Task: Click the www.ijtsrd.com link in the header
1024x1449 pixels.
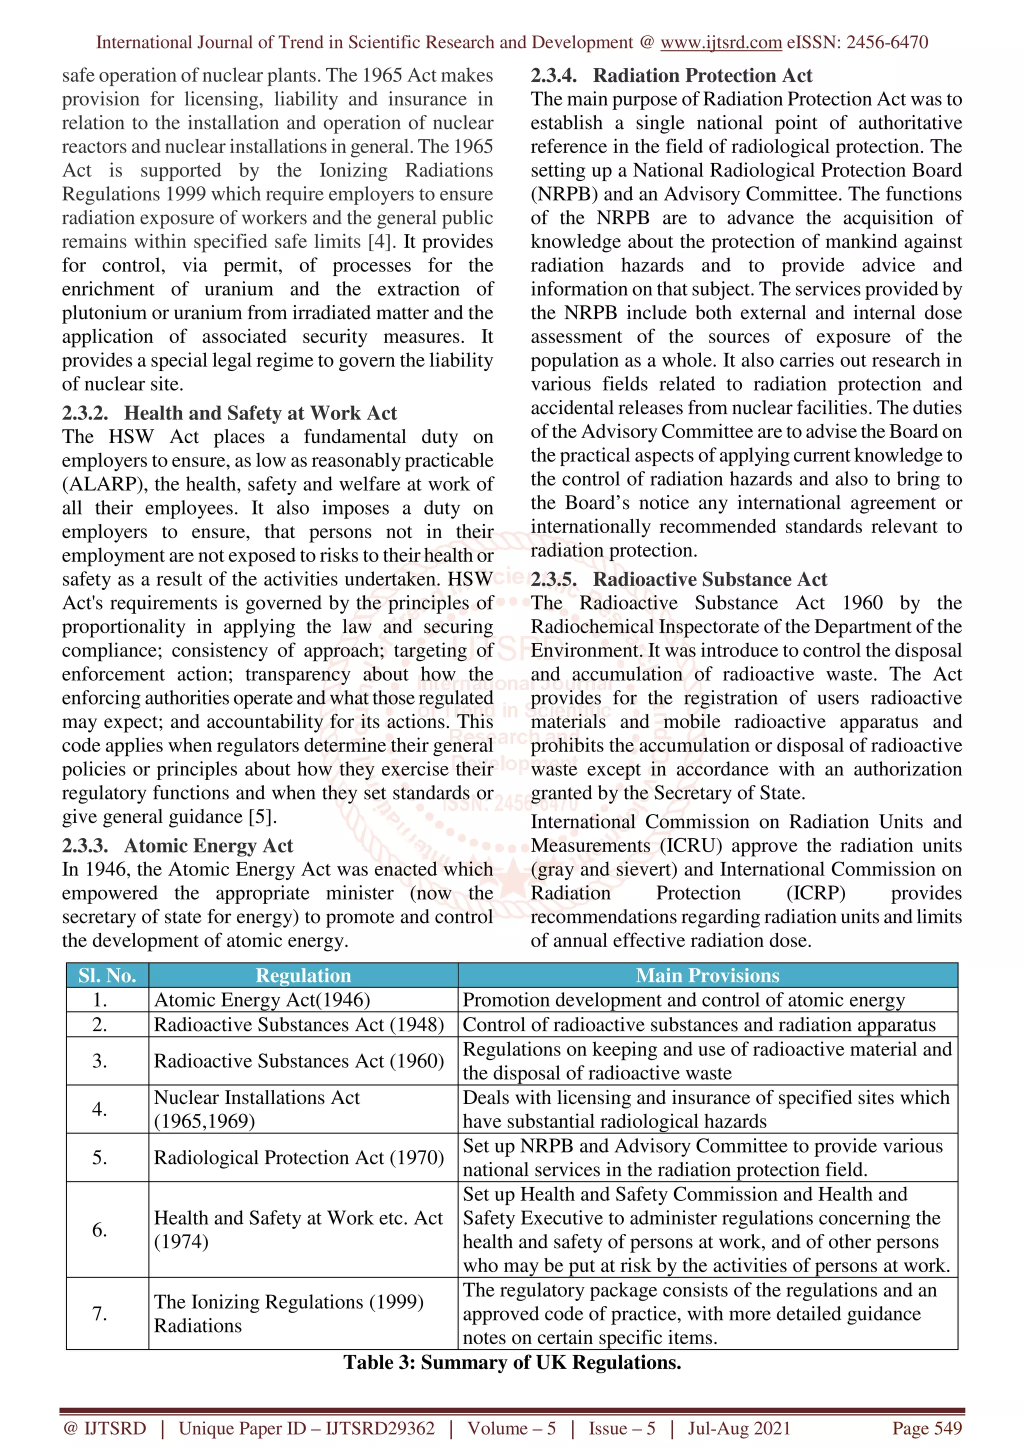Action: point(720,42)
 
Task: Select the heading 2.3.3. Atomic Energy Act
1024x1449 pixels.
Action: point(177,845)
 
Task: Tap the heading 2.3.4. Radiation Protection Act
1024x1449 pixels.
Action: point(671,75)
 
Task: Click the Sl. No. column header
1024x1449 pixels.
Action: point(107,975)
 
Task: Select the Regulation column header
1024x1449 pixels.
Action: point(303,975)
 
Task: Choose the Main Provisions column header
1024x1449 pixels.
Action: point(707,975)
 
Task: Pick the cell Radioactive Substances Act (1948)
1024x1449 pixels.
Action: point(299,1024)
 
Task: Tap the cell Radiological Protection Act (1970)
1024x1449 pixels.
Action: point(299,1157)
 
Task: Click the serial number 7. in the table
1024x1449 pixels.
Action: point(99,1314)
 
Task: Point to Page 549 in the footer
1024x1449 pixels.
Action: point(926,1428)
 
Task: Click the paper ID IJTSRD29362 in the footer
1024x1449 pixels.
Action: point(380,1428)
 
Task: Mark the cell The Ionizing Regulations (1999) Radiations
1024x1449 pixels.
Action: point(289,1314)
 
